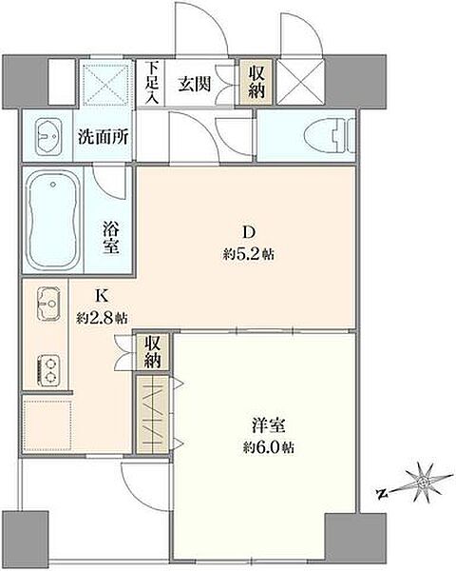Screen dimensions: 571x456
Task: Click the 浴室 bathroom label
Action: pyautogui.click(x=111, y=234)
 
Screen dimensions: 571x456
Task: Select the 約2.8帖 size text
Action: pyautogui.click(x=102, y=318)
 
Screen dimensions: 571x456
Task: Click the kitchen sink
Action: pyautogui.click(x=48, y=305)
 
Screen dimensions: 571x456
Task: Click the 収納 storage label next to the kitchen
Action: pyautogui.click(x=153, y=352)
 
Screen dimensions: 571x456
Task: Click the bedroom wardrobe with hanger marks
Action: pyautogui.click(x=152, y=411)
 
